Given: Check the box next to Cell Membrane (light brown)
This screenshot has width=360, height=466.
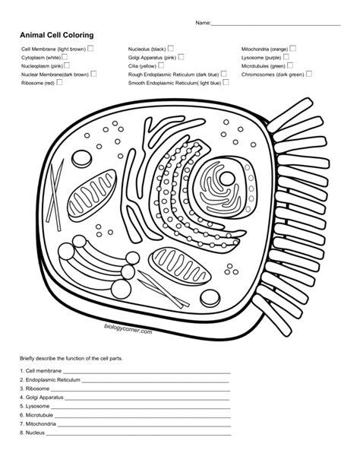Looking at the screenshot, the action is coord(90,48).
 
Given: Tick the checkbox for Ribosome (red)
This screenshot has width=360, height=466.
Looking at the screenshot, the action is coord(59,82).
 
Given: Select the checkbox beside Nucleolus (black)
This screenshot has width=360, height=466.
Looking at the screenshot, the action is coord(171,48).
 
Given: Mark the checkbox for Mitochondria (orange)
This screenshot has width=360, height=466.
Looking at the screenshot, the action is coord(292,48).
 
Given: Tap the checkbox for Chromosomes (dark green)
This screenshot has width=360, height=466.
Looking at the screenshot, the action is coord(310,74).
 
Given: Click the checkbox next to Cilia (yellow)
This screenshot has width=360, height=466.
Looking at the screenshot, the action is coord(162,65).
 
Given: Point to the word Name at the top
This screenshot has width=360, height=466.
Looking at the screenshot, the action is coord(203,23).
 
